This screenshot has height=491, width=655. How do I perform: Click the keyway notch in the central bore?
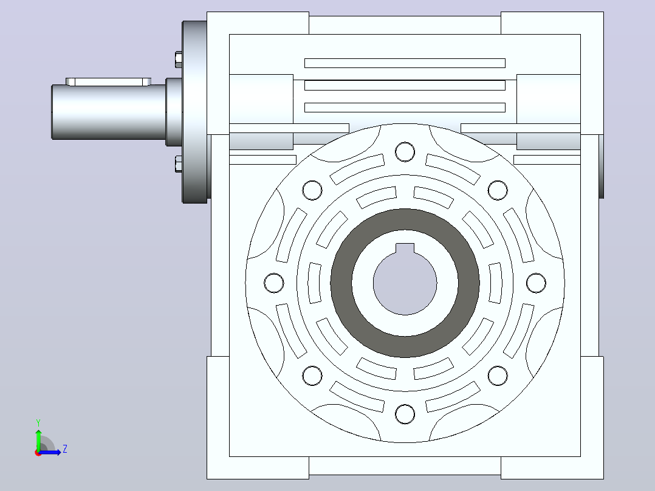pos(405,248)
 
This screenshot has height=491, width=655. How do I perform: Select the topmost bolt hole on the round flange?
pos(405,152)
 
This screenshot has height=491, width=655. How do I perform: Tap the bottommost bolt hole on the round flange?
pos(405,414)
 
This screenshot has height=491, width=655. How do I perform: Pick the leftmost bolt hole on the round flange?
pos(274,283)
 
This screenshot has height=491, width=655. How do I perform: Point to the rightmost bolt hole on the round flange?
pos(536,283)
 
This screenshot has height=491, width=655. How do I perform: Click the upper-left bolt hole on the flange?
pos(312,190)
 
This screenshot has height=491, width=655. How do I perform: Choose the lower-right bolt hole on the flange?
pos(498,376)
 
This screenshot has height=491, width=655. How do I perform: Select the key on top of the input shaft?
pos(109,81)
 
